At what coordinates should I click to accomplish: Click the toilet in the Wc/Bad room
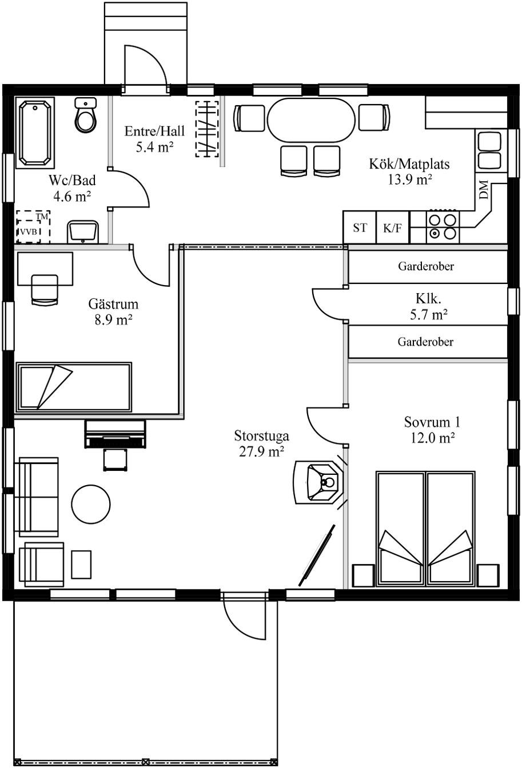point(85,115)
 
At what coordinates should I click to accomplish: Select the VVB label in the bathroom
point(29,231)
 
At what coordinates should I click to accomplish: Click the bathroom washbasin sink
point(83,232)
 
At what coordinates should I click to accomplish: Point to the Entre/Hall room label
point(154,131)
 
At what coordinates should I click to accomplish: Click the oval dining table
point(311,120)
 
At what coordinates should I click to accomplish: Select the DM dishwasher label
point(483,190)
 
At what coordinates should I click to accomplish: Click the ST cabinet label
point(360,227)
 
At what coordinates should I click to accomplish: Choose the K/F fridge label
point(392,228)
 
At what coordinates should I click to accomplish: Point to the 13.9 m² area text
point(409,179)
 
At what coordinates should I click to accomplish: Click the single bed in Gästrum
point(74,387)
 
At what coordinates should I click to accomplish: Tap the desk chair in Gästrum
point(45,289)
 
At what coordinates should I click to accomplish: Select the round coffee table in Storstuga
point(91,504)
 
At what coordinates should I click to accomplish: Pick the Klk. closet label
point(428,299)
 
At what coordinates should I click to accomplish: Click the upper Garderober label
point(426,266)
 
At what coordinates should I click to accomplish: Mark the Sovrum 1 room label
point(432,422)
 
